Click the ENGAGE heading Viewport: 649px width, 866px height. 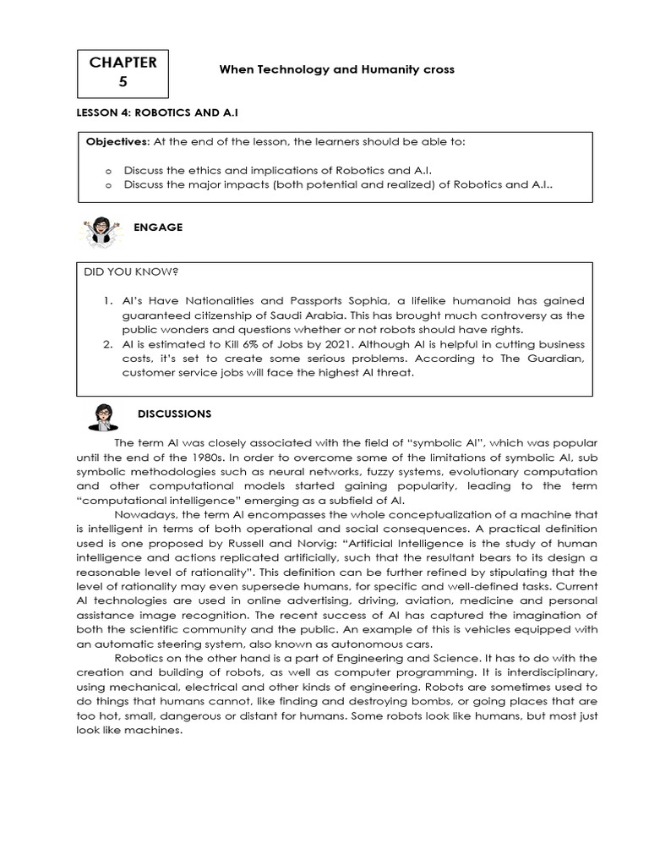[x=158, y=228]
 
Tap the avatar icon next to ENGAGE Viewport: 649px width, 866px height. [x=100, y=232]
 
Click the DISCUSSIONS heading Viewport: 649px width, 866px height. [x=175, y=414]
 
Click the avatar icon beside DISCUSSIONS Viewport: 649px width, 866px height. [x=104, y=418]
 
